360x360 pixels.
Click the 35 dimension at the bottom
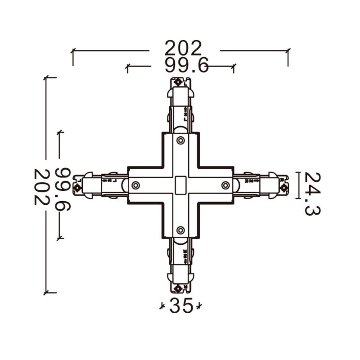[181, 306]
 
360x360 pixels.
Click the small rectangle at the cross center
[180, 185]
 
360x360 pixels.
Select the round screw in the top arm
[180, 140]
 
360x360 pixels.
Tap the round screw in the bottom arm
[180, 230]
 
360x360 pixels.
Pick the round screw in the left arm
[135, 185]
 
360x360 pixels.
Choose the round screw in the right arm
[225, 185]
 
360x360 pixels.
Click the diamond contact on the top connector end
[178, 82]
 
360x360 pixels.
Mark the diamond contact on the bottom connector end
[178, 288]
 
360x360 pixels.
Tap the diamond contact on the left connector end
[78, 188]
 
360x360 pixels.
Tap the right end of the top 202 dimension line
[288, 51]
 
